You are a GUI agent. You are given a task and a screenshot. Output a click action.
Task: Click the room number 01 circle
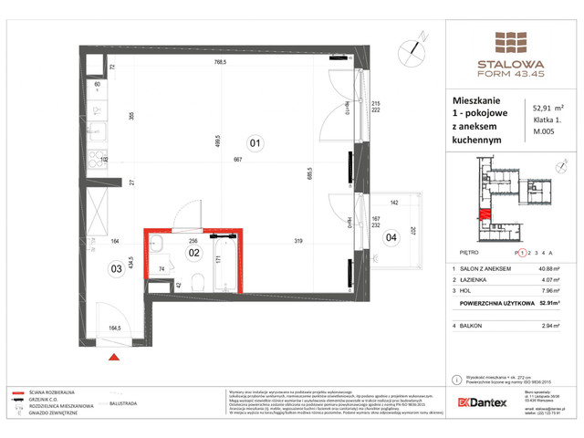click(255, 142)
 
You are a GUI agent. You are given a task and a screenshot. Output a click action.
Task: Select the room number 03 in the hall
click(117, 267)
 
